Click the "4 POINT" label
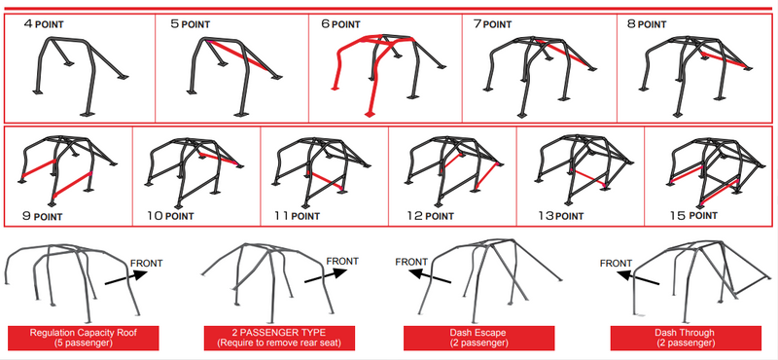pos(44,23)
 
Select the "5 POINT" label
pos(190,23)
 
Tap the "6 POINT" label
pos(340,23)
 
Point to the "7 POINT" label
pos(492,23)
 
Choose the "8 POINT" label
pos(647,23)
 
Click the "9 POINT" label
pos(42,216)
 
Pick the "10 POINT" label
pos(170,216)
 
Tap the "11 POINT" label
pos(298,216)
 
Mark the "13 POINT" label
pos(561,216)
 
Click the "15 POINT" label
pos(693,215)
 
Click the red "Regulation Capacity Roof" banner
pos(84,339)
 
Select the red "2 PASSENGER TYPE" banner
pos(279,339)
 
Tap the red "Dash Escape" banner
pos(478,339)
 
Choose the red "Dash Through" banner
pos(686,339)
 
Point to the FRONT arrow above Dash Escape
pos(430,277)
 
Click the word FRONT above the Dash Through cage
pos(617,263)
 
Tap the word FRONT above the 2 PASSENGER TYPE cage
pos(343,261)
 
